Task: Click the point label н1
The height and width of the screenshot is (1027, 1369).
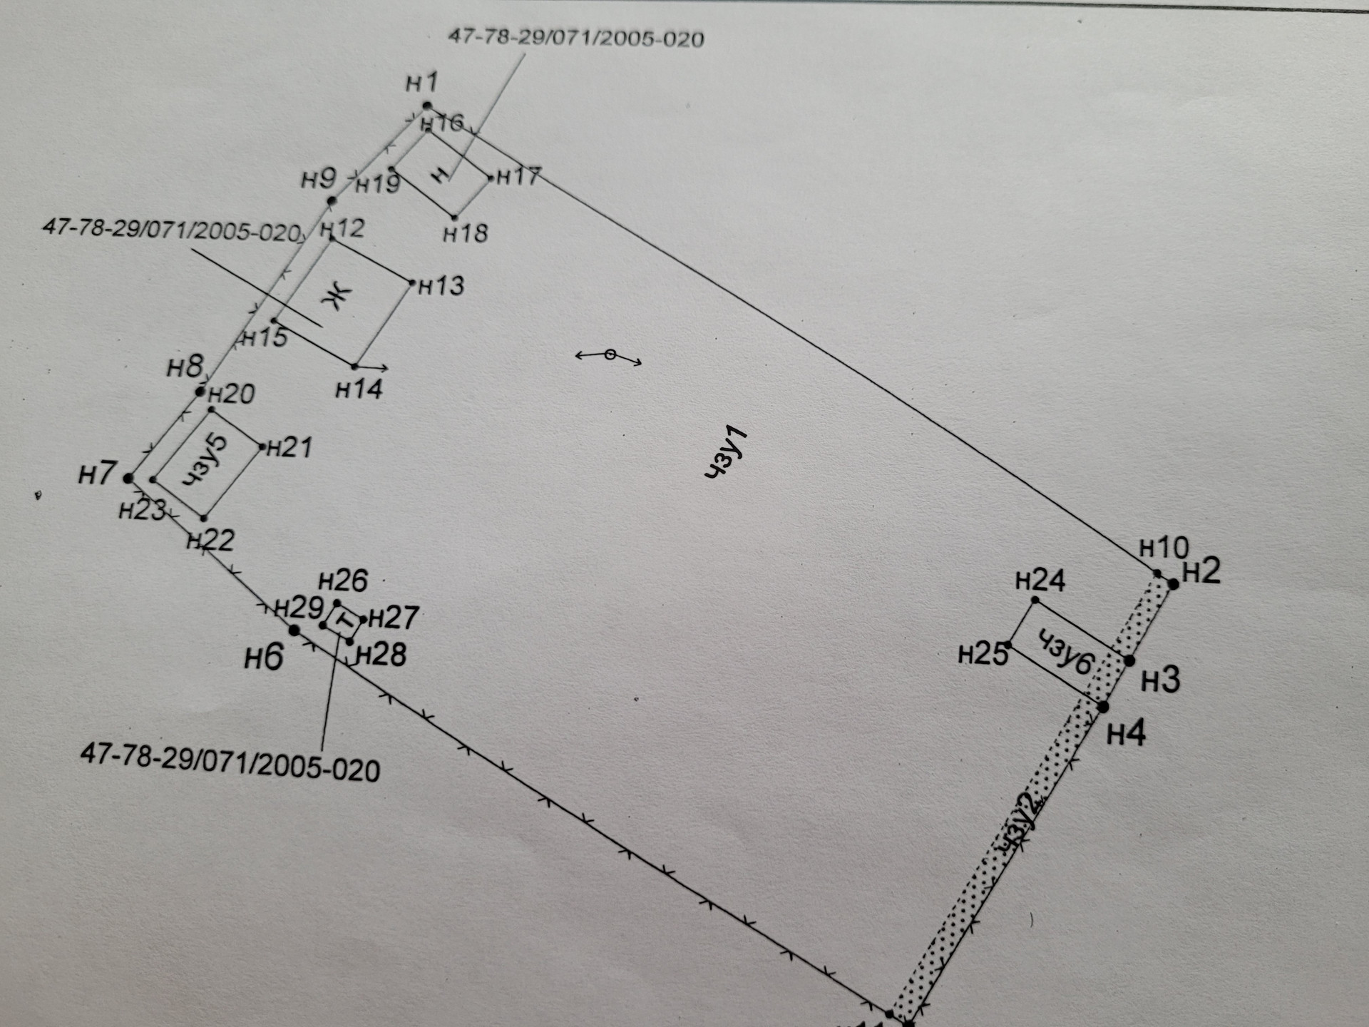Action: click(x=421, y=83)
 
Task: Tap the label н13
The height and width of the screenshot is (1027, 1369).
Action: click(x=441, y=286)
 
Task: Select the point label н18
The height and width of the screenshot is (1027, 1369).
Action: click(x=466, y=233)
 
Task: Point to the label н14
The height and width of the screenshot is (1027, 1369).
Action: click(x=359, y=389)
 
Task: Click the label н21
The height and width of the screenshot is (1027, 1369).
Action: click(x=289, y=448)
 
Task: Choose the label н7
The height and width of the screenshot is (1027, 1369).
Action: click(x=97, y=473)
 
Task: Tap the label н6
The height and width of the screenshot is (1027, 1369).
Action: click(x=264, y=657)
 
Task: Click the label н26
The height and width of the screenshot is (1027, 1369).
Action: click(x=343, y=581)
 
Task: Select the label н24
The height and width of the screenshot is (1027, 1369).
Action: click(x=1040, y=581)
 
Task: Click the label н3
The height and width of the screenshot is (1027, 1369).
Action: click(x=1160, y=680)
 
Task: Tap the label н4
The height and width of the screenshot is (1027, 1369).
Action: click(x=1126, y=732)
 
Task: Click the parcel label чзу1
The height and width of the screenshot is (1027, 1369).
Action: click(x=726, y=452)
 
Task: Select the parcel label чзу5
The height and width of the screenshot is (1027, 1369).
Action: click(x=205, y=461)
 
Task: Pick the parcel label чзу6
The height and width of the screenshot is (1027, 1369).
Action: click(x=1065, y=652)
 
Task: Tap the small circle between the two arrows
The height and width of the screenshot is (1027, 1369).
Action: click(x=610, y=354)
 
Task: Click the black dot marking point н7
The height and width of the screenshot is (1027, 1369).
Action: click(x=128, y=479)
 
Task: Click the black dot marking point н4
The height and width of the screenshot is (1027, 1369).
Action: click(x=1103, y=707)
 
